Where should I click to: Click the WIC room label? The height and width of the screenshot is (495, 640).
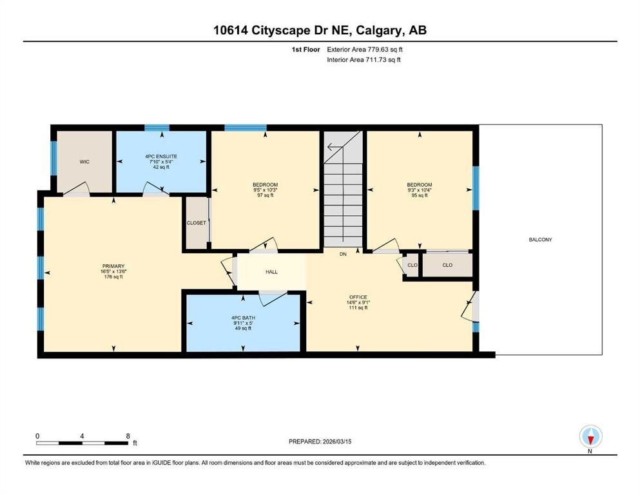click(x=84, y=161)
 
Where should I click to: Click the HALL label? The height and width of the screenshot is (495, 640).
click(x=271, y=272)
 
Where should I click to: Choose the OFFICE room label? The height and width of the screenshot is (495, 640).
click(x=358, y=297)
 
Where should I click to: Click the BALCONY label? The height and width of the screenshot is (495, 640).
click(x=540, y=240)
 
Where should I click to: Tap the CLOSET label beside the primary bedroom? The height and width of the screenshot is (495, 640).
click(x=196, y=223)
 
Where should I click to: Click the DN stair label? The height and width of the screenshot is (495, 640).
click(x=344, y=254)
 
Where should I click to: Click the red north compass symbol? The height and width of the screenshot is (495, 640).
click(x=590, y=438)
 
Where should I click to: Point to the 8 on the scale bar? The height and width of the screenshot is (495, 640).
click(x=128, y=436)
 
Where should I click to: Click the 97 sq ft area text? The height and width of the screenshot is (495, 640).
click(x=265, y=195)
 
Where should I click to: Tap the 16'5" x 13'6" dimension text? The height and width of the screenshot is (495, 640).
click(x=113, y=271)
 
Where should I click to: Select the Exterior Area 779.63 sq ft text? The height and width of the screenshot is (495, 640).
click(x=367, y=49)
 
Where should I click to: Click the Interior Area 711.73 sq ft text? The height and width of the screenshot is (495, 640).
click(x=364, y=60)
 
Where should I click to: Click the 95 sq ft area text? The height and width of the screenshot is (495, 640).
click(x=419, y=195)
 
